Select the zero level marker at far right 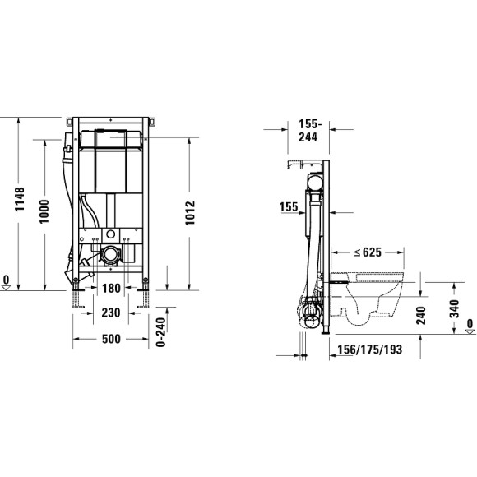pyautogui.click(x=469, y=326)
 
